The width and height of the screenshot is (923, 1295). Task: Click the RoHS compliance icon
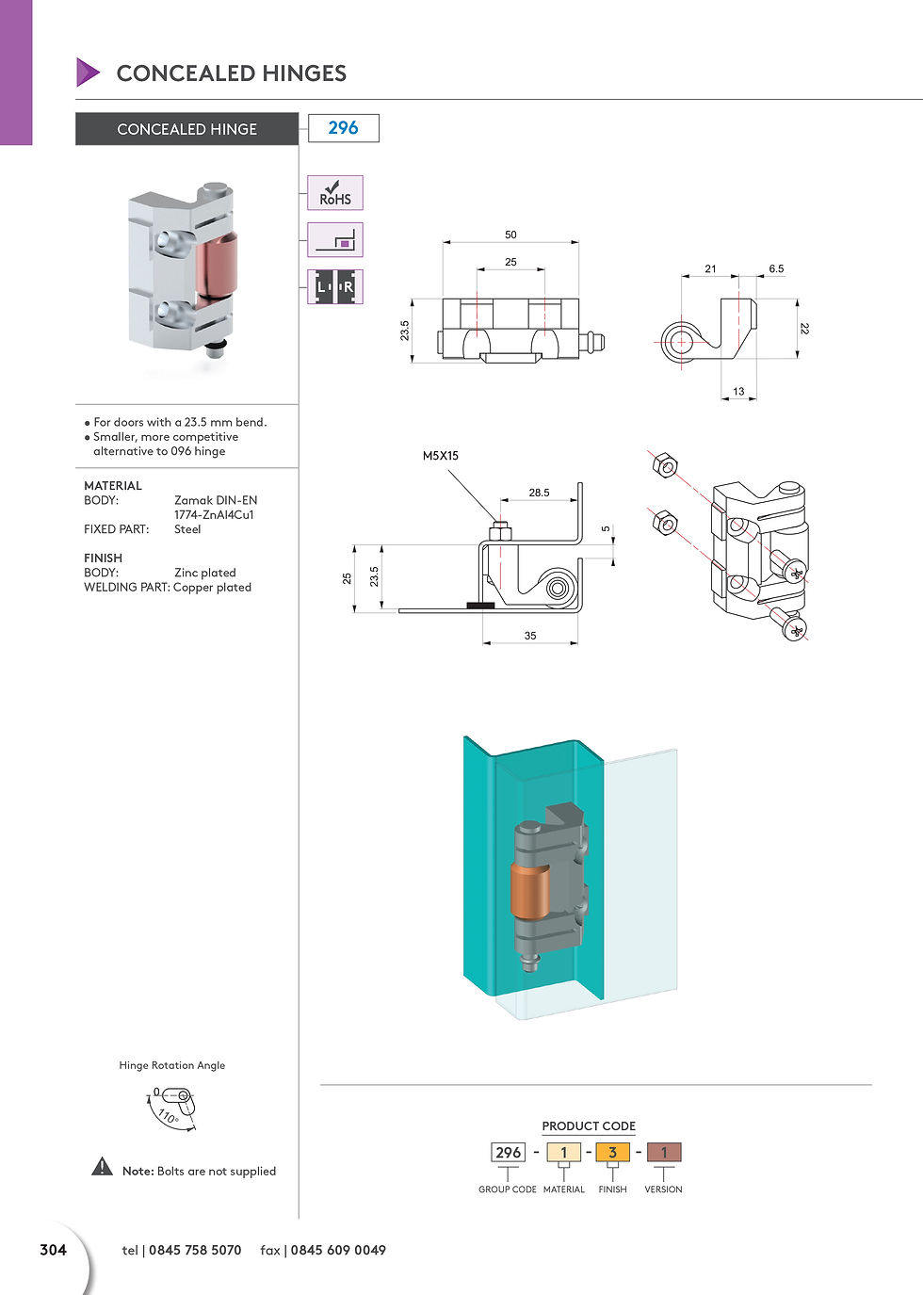click(x=334, y=193)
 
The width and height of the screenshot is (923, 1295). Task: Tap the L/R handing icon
click(x=334, y=286)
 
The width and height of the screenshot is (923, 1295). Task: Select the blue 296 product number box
click(x=344, y=128)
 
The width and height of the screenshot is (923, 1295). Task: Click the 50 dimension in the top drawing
click(x=510, y=235)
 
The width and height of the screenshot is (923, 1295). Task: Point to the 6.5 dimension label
click(x=776, y=268)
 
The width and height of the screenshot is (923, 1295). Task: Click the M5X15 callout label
click(x=441, y=456)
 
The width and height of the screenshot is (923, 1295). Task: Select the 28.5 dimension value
click(x=539, y=493)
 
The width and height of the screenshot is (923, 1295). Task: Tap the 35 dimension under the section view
click(x=530, y=636)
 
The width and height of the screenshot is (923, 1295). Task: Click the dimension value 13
click(x=738, y=391)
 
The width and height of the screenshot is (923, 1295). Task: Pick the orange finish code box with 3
click(x=612, y=1152)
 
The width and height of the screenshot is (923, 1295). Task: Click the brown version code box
click(x=663, y=1152)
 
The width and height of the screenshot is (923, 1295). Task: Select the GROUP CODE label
click(x=508, y=1190)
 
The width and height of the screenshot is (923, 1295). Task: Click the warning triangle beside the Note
click(x=102, y=1167)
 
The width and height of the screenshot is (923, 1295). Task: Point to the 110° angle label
click(x=168, y=1117)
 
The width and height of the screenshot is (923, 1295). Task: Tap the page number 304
click(x=54, y=1250)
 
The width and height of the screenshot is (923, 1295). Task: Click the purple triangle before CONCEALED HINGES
click(x=88, y=73)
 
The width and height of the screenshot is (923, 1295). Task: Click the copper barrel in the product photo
click(x=217, y=267)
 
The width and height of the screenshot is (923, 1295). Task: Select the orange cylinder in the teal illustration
click(x=529, y=890)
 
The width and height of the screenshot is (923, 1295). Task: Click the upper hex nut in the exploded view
click(x=664, y=464)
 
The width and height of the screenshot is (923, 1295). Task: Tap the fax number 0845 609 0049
click(x=338, y=1250)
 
